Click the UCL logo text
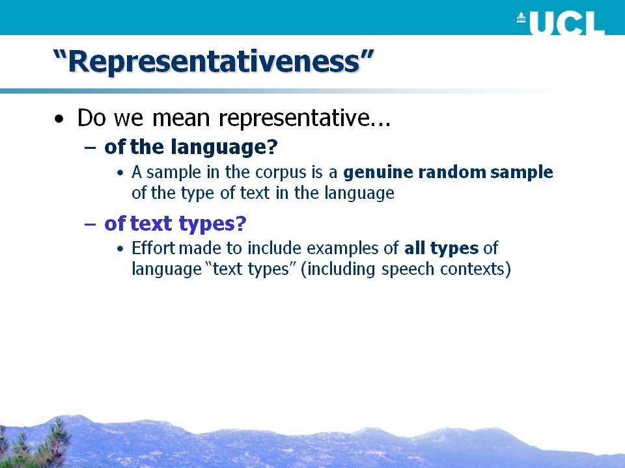click(x=567, y=23)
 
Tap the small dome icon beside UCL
click(x=521, y=18)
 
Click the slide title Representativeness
click(x=214, y=61)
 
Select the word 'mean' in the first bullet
click(x=181, y=118)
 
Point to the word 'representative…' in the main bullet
click(x=305, y=118)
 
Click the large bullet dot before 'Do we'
click(x=59, y=119)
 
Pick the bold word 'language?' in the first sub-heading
click(x=225, y=148)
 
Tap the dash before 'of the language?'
click(x=90, y=147)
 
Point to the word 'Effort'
click(x=154, y=248)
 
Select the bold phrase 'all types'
click(x=441, y=249)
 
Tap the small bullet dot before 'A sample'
click(x=120, y=174)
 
